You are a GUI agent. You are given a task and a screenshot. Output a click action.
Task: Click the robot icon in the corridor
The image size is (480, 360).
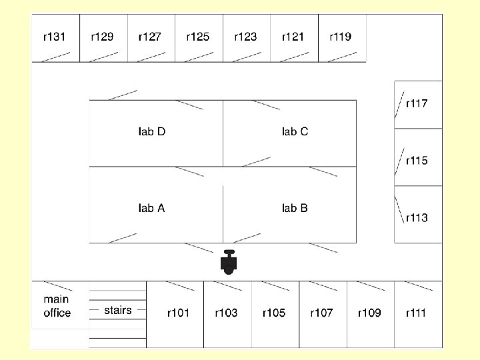(229, 262)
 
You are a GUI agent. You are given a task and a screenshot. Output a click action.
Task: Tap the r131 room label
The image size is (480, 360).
(54, 37)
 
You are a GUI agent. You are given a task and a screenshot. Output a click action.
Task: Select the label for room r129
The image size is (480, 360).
(102, 37)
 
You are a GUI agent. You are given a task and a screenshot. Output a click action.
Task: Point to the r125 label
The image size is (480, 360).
(197, 37)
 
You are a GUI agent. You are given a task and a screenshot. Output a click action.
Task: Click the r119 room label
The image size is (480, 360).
(340, 37)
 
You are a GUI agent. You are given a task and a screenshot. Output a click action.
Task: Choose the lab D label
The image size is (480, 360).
(151, 131)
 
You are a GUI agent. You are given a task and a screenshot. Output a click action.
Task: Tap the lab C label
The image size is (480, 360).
(295, 131)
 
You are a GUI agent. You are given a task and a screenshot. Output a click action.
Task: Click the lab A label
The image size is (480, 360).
(151, 208)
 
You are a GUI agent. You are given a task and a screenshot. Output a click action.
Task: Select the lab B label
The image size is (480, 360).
(295, 208)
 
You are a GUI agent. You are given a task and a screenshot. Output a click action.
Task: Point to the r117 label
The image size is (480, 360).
(417, 103)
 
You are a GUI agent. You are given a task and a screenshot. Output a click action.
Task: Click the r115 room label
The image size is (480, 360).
(417, 161)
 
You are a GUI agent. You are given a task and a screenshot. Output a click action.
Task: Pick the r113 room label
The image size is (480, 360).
(417, 218)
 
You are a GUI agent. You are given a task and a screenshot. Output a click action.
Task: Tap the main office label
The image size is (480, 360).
(57, 306)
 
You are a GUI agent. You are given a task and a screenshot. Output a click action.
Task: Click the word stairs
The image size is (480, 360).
(118, 310)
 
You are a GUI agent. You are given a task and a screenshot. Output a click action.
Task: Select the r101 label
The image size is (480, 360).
(178, 313)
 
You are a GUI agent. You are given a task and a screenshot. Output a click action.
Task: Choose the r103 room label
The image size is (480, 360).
(226, 313)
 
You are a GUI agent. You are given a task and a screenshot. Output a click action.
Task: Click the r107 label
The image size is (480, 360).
(321, 313)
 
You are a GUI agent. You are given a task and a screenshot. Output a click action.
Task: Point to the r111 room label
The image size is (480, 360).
(417, 313)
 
